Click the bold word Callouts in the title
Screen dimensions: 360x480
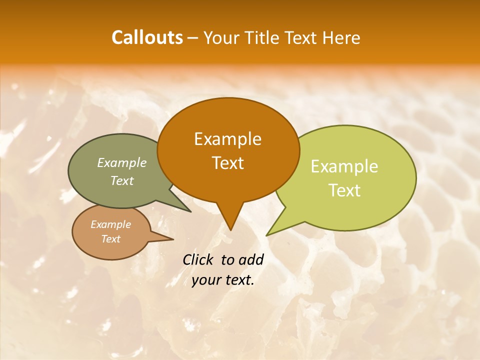click(x=147, y=37)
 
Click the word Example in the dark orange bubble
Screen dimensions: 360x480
click(x=227, y=139)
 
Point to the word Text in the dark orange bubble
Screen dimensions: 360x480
click(x=227, y=163)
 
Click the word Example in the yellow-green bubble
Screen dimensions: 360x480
click(x=344, y=166)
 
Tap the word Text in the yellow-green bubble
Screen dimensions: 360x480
click(x=344, y=190)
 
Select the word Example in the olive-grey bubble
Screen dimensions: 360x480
click(x=122, y=162)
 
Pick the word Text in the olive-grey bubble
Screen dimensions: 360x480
click(x=122, y=180)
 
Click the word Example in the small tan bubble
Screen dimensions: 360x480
click(x=110, y=224)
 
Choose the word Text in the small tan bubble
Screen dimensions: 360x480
click(x=110, y=239)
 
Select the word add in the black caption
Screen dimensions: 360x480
click(x=251, y=259)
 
